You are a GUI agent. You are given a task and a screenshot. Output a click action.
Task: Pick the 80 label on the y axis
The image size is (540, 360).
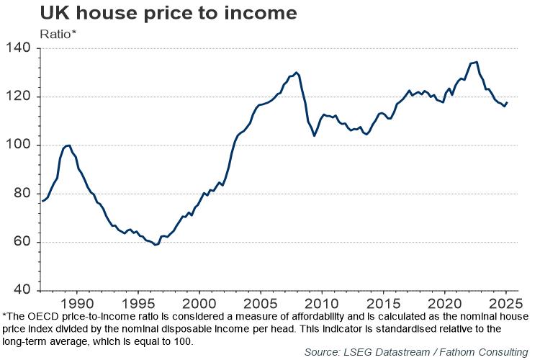point(22,194)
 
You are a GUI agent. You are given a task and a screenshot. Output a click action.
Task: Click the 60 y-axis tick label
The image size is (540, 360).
point(22,242)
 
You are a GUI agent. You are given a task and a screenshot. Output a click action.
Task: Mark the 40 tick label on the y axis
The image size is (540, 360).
point(22,290)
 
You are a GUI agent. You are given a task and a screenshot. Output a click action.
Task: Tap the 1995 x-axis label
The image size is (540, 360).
point(139,302)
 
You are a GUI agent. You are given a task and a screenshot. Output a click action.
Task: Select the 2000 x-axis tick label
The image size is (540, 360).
point(200,302)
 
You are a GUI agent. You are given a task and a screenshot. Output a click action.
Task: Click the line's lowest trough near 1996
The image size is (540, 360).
point(155,245)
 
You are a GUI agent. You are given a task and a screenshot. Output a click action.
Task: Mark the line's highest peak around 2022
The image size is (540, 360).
point(477,62)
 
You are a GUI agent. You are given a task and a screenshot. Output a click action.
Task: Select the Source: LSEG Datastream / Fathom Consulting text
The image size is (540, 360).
point(415,351)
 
